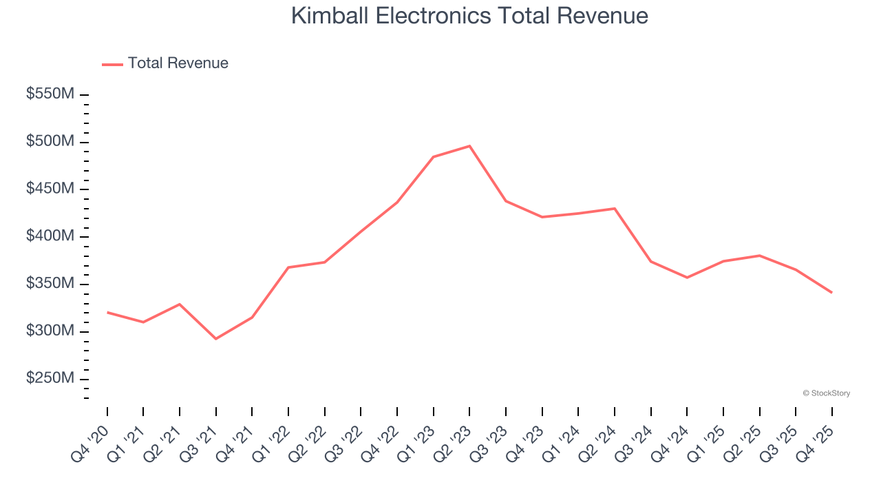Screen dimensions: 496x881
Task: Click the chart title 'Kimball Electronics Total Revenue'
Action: coord(469,16)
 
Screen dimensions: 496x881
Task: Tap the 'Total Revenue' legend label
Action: coord(178,63)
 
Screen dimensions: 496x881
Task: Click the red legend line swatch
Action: coord(112,64)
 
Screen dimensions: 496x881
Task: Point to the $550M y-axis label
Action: coord(50,94)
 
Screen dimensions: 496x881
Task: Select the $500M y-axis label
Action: coord(50,142)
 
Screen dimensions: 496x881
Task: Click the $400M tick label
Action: coord(50,236)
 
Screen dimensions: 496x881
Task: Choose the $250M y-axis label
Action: coord(50,379)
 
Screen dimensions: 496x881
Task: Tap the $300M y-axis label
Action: coord(50,331)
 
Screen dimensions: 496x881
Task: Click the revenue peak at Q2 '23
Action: coord(469,146)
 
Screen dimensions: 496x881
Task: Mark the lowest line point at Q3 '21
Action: coord(216,339)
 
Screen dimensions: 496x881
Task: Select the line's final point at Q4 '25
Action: coord(831,293)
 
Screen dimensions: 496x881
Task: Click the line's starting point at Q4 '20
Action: coord(107,312)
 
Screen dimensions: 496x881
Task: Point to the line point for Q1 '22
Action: coord(288,267)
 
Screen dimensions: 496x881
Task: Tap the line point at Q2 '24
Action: coord(614,208)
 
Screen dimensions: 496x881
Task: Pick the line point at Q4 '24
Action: coord(687,278)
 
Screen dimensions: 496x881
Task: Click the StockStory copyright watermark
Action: coord(826,393)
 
